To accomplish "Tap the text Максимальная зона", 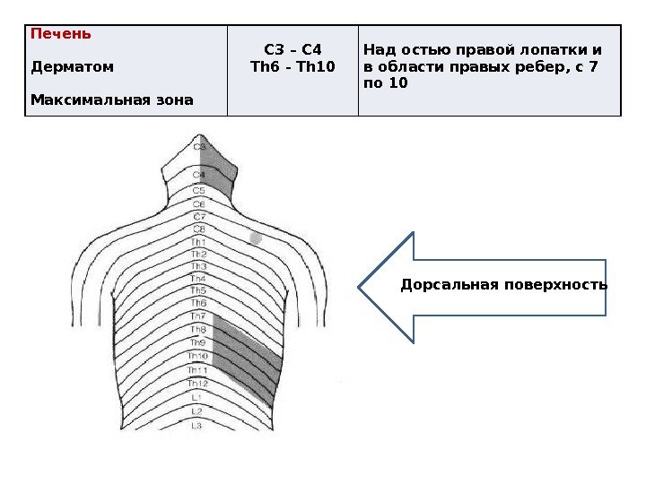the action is click(x=111, y=99).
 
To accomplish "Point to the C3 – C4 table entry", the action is click(x=292, y=49).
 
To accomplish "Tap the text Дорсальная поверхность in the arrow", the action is click(x=503, y=285).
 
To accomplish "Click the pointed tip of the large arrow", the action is click(x=361, y=288).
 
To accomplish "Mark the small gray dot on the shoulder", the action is click(x=255, y=239).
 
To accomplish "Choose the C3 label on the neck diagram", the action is click(x=199, y=146).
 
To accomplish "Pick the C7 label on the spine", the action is click(x=199, y=216).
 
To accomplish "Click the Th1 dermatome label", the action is click(x=198, y=242).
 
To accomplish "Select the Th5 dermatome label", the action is click(x=198, y=290).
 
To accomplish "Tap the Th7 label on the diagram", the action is click(x=198, y=316).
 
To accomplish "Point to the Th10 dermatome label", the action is click(x=197, y=356).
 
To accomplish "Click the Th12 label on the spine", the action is click(x=197, y=383).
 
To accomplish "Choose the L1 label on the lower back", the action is click(x=197, y=396).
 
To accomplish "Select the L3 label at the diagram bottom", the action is click(x=197, y=425).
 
